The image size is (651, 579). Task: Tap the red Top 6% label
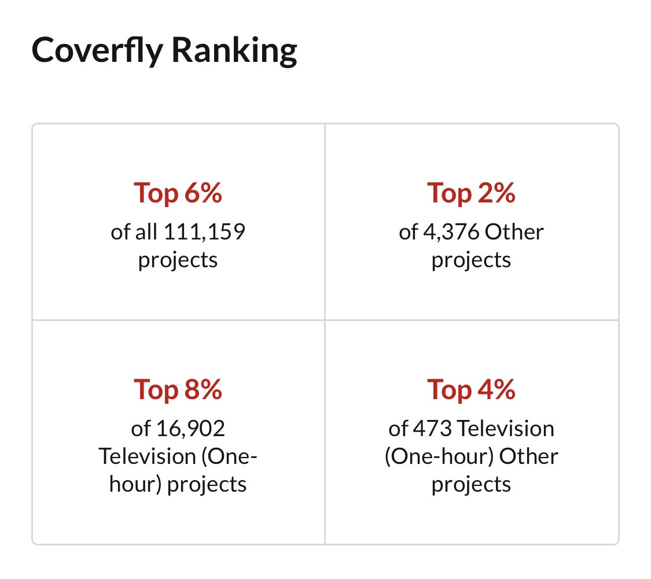[x=178, y=193]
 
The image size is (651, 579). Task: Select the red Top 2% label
[x=471, y=193]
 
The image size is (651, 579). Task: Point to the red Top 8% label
[x=178, y=390]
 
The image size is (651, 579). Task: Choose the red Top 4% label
[x=471, y=390]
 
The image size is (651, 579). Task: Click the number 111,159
[x=204, y=233]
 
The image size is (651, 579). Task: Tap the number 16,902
[x=190, y=429]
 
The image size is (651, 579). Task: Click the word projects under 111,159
[x=178, y=260]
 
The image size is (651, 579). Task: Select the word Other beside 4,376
[x=514, y=233]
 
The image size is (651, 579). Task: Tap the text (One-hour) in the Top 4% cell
[x=439, y=456]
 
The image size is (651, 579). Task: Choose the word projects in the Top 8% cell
[x=207, y=484]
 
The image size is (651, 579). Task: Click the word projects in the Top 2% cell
[x=471, y=260]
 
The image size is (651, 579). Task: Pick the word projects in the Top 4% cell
[x=471, y=484]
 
